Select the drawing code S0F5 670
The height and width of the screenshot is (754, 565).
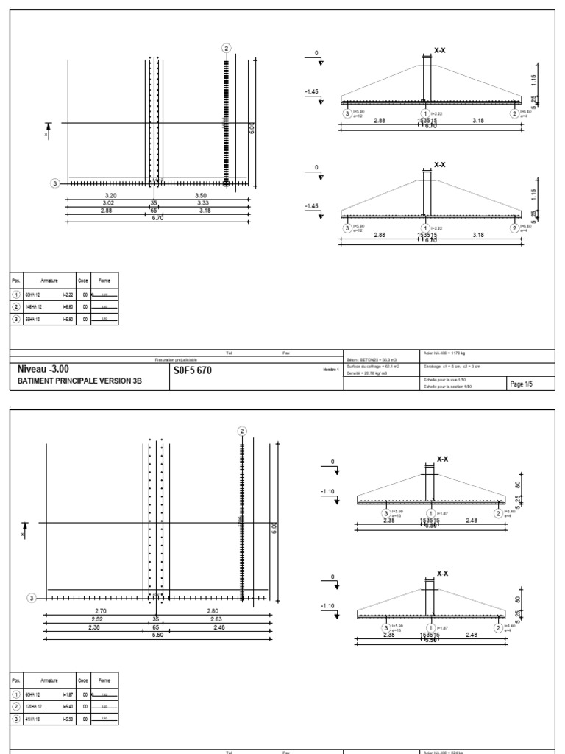(x=193, y=370)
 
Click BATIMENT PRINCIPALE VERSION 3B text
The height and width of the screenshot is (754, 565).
(x=75, y=381)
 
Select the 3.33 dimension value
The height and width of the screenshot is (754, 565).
(x=204, y=202)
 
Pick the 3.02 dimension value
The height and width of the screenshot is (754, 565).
(x=108, y=202)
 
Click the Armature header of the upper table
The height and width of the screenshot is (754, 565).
(x=50, y=281)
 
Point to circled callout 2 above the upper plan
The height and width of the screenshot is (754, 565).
(x=227, y=48)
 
